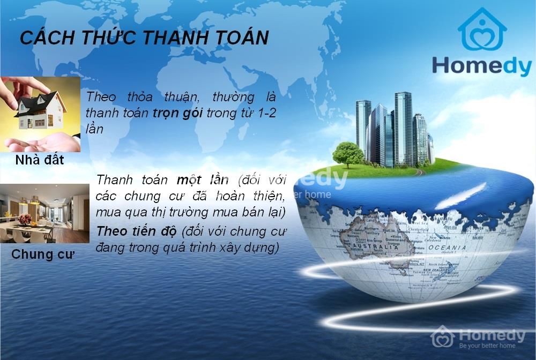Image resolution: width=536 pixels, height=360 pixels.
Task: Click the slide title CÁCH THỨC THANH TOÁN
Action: [144, 39]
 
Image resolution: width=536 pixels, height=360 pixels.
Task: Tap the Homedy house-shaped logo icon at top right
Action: [482, 30]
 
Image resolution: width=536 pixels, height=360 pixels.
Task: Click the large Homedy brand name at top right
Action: [481, 66]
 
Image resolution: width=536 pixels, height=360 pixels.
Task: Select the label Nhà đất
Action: [40, 160]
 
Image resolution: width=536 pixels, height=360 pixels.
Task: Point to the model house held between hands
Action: [41, 111]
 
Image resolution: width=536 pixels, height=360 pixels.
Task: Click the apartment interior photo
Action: [44, 213]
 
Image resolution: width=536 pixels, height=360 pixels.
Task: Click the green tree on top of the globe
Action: [348, 153]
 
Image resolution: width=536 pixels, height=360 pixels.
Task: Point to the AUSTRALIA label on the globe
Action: [382, 248]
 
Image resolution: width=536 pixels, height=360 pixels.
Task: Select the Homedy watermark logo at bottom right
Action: [443, 336]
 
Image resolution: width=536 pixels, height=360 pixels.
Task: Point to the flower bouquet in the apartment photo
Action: [25, 219]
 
